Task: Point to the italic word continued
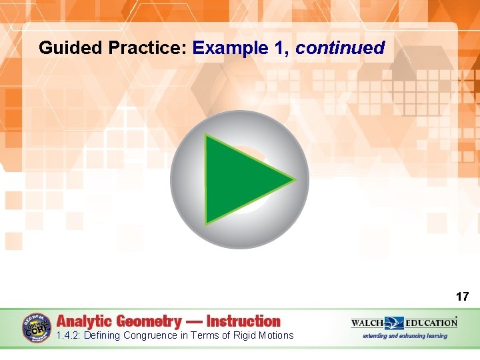click(340, 48)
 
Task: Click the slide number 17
click(462, 297)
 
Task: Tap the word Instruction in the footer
click(243, 321)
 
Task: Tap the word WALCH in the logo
click(367, 323)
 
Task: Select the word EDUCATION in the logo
click(431, 323)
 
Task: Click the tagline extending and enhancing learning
click(405, 336)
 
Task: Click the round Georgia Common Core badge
click(37, 329)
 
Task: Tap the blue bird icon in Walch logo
click(394, 323)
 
